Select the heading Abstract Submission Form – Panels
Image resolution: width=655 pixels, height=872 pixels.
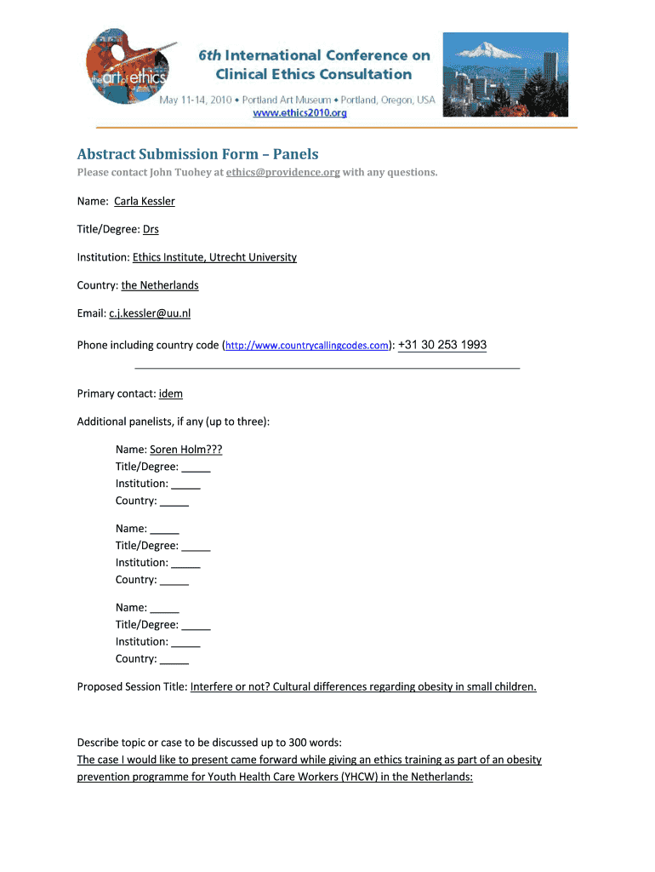point(197,154)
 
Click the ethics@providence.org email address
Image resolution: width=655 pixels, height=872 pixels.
point(283,173)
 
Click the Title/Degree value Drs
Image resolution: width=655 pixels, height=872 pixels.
point(151,229)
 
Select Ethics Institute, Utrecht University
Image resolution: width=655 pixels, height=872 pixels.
point(214,257)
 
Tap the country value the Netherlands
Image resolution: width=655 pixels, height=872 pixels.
point(160,285)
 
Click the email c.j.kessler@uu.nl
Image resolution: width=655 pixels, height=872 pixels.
point(150,313)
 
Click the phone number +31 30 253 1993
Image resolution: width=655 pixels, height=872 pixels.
point(442,345)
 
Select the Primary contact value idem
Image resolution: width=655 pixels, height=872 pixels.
point(171,393)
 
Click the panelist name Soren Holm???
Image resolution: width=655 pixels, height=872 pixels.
point(186,450)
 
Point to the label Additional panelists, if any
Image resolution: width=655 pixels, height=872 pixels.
point(173,422)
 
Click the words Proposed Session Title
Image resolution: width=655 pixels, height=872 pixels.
point(131,686)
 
